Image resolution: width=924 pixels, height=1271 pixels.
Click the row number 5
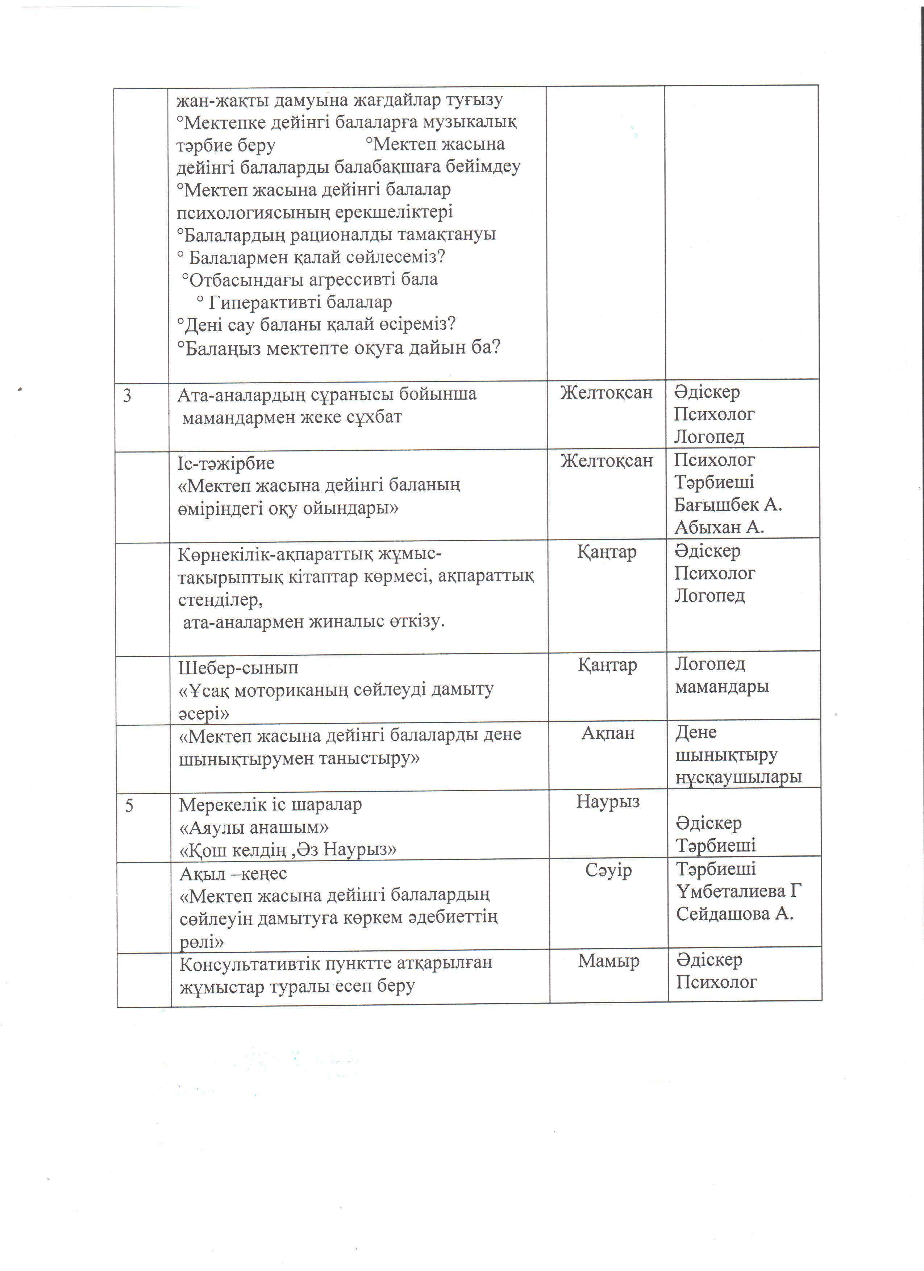pyautogui.click(x=129, y=806)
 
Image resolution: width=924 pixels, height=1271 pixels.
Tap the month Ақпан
pyautogui.click(x=608, y=733)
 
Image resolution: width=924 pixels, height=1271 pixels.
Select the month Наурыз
pyautogui.click(x=608, y=801)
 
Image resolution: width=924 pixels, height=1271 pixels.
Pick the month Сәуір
pyautogui.click(x=608, y=870)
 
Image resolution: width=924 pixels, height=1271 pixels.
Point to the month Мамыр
pyautogui.click(x=608, y=961)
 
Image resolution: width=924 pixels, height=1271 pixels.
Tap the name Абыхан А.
pyautogui.click(x=719, y=527)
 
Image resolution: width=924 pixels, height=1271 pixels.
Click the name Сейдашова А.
pyautogui.click(x=734, y=914)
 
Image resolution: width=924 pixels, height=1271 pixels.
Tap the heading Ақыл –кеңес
pyautogui.click(x=233, y=874)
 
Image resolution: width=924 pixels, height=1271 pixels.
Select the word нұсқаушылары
pyautogui.click(x=738, y=777)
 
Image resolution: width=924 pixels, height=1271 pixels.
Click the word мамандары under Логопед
pyautogui.click(x=722, y=687)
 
